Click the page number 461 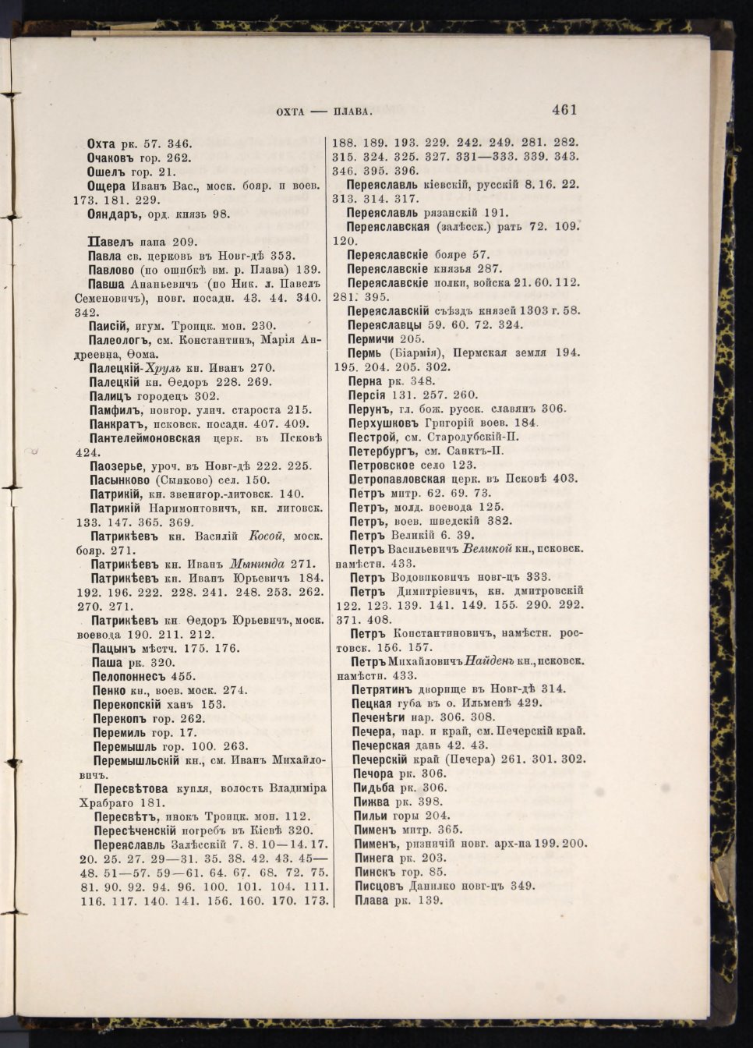564,110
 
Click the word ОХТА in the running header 292,112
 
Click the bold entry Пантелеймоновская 149,438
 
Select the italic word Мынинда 260,564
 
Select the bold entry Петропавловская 398,479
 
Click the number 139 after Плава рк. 430,900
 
